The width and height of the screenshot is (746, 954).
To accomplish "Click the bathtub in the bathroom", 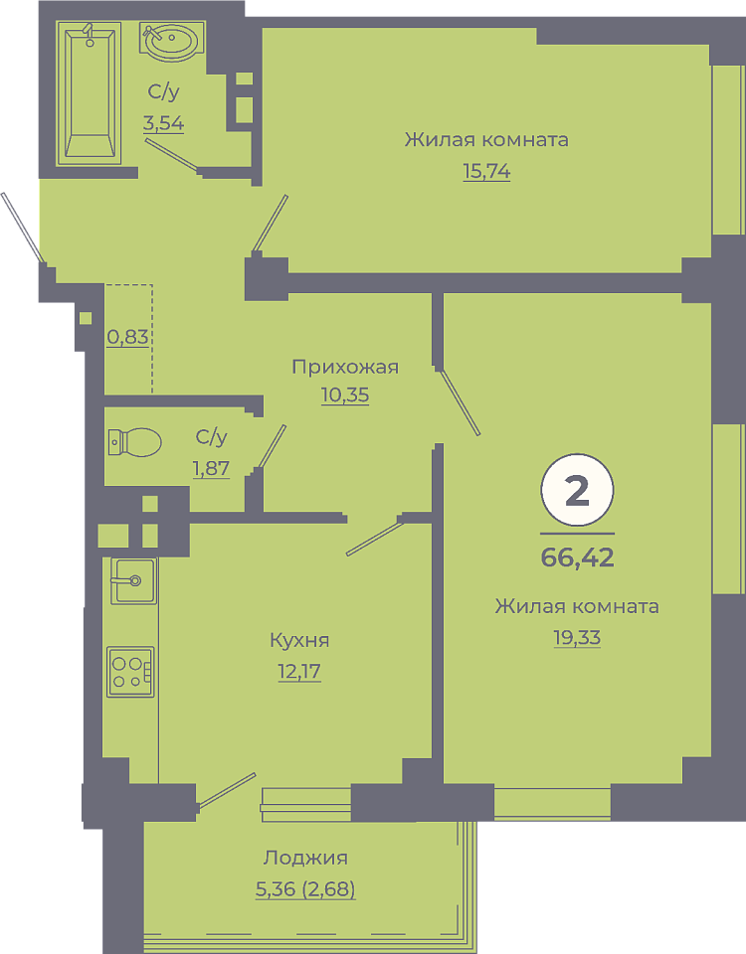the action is click(x=89, y=93).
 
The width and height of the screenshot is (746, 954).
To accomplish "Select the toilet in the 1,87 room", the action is click(x=134, y=442).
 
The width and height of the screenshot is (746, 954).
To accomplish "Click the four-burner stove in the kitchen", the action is click(x=130, y=672).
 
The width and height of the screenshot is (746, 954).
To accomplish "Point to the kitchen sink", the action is click(x=133, y=581).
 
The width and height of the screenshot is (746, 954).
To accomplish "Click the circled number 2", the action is click(x=577, y=490).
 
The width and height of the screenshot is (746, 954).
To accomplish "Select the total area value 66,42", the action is click(x=577, y=557).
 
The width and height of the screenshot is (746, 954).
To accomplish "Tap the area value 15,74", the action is click(x=486, y=172).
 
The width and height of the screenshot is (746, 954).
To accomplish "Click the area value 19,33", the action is click(x=577, y=638).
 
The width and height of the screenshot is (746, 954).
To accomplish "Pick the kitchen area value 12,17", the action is click(x=299, y=672).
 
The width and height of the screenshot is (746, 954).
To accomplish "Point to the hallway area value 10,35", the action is click(x=345, y=396).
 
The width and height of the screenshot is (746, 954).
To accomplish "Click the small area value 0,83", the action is click(x=128, y=337).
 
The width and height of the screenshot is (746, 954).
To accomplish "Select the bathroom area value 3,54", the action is click(x=163, y=123).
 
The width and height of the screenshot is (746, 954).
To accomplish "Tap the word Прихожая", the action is click(x=345, y=367).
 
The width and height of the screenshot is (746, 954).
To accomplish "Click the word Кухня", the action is click(x=299, y=640).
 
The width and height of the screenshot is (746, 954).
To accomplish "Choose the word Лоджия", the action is click(x=305, y=858).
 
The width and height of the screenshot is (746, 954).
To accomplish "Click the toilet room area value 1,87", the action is click(x=211, y=468).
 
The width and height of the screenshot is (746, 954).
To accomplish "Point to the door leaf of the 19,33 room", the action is click(x=461, y=402).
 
